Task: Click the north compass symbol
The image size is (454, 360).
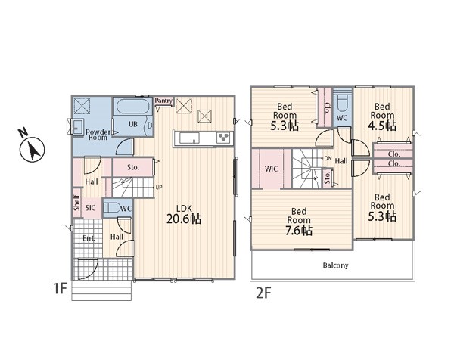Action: click(x=32, y=149)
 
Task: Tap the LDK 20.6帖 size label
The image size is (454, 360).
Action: click(x=184, y=219)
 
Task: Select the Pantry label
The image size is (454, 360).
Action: click(x=163, y=101)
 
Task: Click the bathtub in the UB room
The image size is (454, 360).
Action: click(x=132, y=107)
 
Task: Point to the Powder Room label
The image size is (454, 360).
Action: click(x=98, y=135)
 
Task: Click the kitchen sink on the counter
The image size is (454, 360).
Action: click(x=189, y=138)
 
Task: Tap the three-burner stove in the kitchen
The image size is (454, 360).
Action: click(x=223, y=138)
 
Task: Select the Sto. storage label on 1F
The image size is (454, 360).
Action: click(x=133, y=167)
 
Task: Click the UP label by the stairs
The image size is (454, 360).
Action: click(x=159, y=188)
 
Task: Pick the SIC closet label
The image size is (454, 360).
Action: click(x=90, y=208)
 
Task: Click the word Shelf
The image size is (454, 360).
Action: click(x=76, y=203)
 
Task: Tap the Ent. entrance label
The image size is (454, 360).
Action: click(x=89, y=238)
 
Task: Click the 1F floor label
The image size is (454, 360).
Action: click(x=60, y=288)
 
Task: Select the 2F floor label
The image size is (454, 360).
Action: click(x=263, y=293)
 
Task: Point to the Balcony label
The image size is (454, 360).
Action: click(x=335, y=265)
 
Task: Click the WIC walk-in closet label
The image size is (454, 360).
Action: click(x=271, y=169)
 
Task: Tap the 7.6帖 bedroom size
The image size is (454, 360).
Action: click(x=299, y=231)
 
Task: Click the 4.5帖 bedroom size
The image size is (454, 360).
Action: click(x=382, y=126)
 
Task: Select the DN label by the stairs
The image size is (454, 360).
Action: click(x=328, y=158)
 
